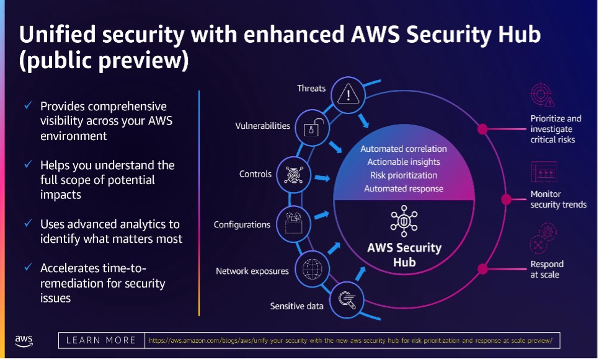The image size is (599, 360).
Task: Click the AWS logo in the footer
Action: click(x=24, y=340)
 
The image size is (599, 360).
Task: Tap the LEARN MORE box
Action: click(x=100, y=340)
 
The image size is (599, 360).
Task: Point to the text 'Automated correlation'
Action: click(x=403, y=149)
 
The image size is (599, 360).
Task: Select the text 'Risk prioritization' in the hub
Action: click(x=403, y=175)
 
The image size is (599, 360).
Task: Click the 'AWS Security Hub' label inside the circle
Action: click(x=404, y=254)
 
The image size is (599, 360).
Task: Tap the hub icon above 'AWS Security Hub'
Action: click(x=404, y=221)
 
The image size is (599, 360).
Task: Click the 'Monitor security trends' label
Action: click(x=558, y=200)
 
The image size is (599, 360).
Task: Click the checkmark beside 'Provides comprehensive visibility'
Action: click(x=28, y=106)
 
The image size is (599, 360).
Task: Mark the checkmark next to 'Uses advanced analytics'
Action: click(x=28, y=224)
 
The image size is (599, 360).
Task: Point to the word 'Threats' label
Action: click(x=311, y=88)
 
